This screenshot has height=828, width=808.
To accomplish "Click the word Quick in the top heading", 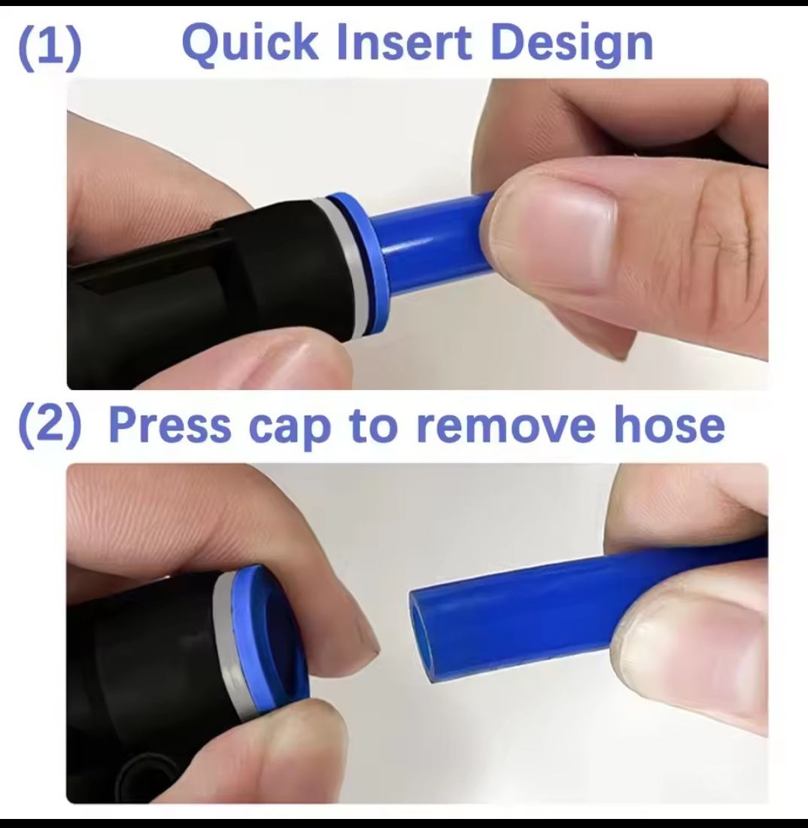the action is coord(250,44).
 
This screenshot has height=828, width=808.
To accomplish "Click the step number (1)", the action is coord(50,47).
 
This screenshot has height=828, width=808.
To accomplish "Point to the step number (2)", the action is coord(50,428).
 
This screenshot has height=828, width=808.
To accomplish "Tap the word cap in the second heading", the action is coord(289,431).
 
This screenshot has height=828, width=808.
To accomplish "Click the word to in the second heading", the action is coord(373,426).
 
